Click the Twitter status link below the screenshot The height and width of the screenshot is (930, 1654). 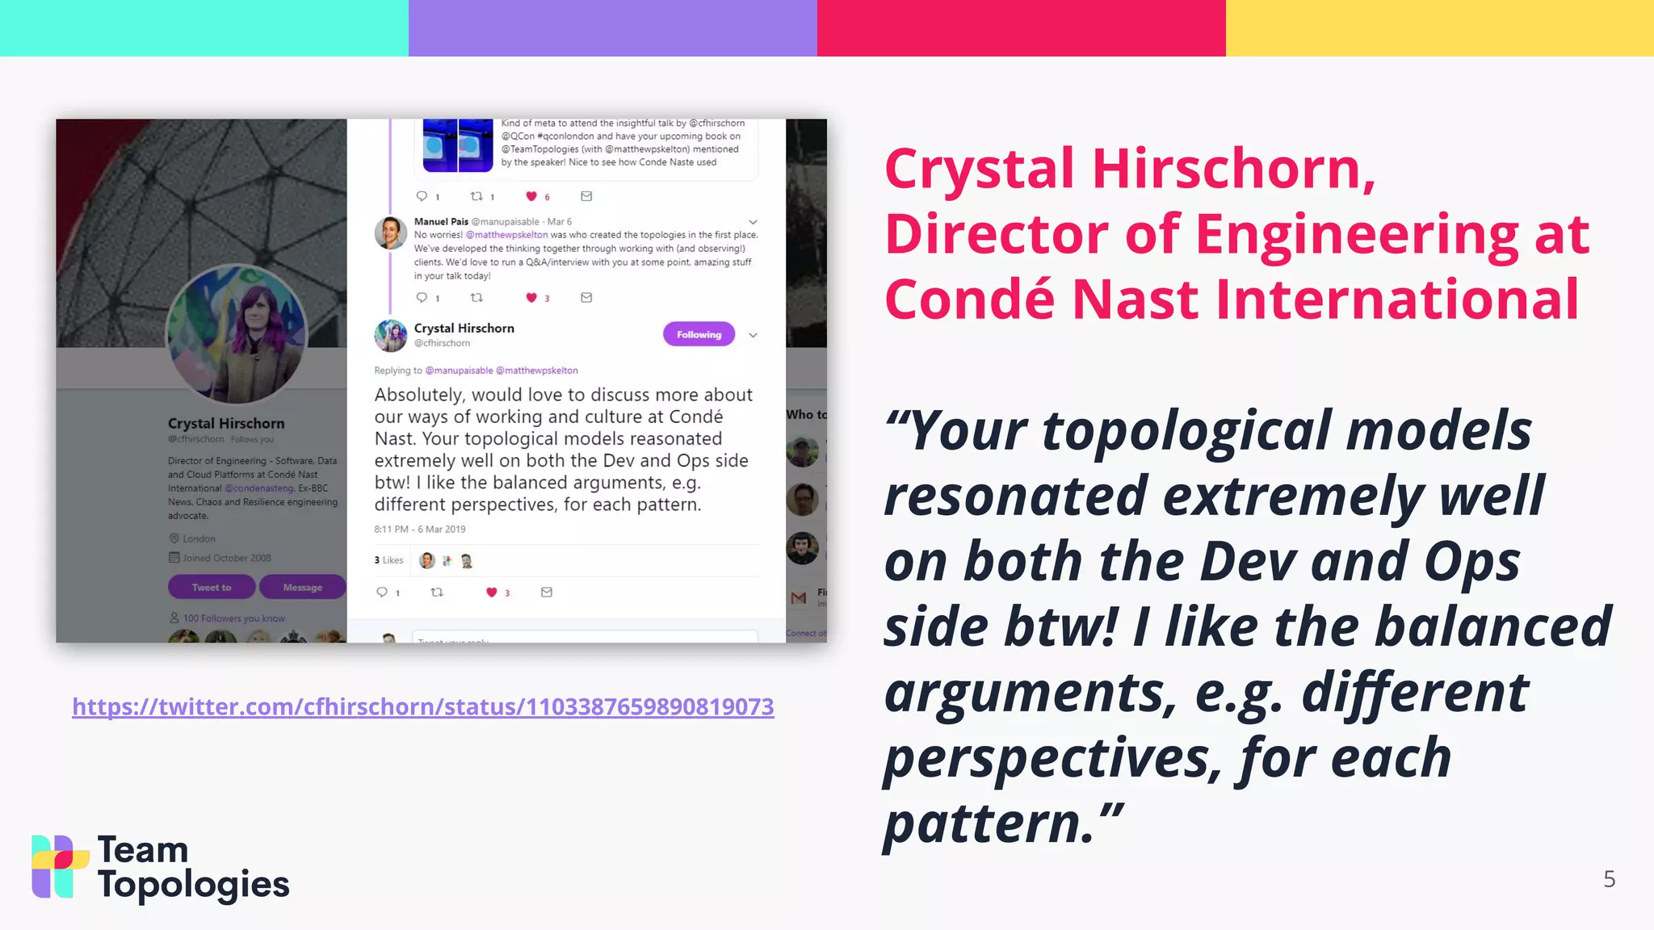(422, 706)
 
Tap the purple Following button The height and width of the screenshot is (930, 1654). (699, 334)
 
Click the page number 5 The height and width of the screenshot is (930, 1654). (1609, 879)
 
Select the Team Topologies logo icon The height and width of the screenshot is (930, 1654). (60, 866)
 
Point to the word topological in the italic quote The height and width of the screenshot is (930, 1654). (1186, 429)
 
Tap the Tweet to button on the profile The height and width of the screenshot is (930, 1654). (212, 588)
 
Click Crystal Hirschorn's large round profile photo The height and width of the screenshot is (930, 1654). (237, 334)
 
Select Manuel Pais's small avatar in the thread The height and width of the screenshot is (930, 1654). (390, 233)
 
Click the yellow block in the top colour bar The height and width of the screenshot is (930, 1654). (1439, 27)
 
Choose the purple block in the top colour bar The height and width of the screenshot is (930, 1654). (612, 27)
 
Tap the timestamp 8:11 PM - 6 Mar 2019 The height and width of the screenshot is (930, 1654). (420, 530)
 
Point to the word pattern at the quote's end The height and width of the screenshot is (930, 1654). (990, 823)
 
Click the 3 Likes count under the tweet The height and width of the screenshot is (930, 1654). (388, 560)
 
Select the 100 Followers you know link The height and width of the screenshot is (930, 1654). (233, 618)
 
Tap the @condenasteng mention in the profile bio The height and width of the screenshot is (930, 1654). (259, 488)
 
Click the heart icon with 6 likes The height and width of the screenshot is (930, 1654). (531, 196)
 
